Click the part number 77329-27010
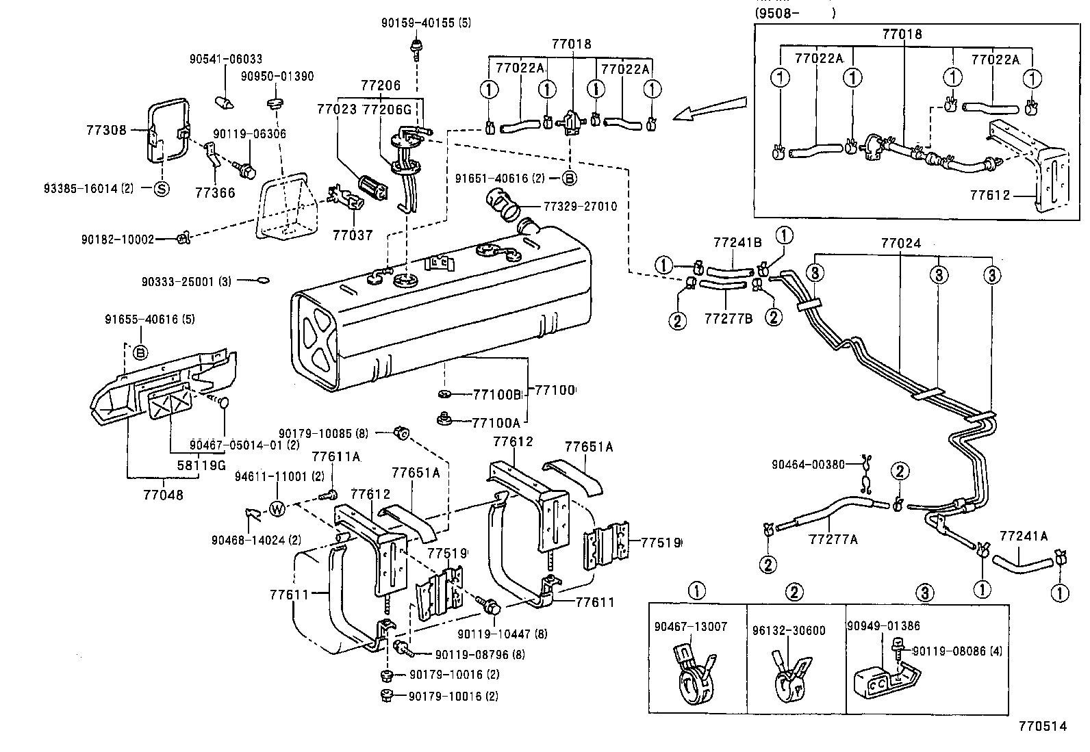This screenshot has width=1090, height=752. pyautogui.click(x=580, y=205)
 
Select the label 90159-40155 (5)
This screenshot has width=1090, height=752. pyautogui.click(x=427, y=23)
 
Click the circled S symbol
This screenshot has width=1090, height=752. pyautogui.click(x=161, y=190)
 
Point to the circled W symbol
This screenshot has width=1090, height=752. pyautogui.click(x=277, y=508)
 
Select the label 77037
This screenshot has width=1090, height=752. pyautogui.click(x=353, y=235)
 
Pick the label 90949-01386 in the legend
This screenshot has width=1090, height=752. pyautogui.click(x=883, y=625)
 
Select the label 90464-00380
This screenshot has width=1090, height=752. pyautogui.click(x=809, y=464)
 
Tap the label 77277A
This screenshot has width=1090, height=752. pyautogui.click(x=833, y=539)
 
